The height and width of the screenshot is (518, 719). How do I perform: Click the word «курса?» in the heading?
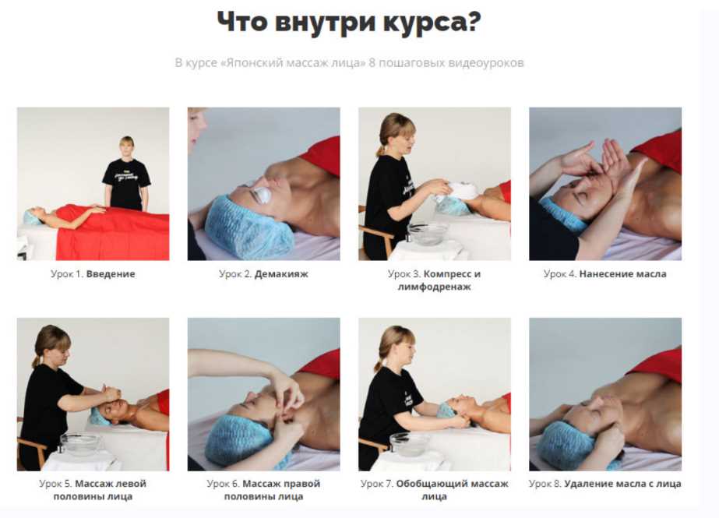point(432,23)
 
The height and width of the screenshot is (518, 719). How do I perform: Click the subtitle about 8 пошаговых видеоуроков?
point(350,62)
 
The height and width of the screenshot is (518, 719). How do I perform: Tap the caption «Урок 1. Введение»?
point(93,273)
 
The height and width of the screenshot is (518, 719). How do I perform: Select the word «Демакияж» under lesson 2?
point(281,273)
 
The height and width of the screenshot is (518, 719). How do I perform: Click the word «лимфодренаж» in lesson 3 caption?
point(434,287)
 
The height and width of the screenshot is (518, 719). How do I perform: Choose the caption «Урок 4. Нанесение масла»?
point(604,273)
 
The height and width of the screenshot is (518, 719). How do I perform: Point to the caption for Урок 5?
point(93,490)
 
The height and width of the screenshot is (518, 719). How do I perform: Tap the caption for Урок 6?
point(263,490)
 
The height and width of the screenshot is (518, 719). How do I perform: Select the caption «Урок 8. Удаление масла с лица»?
point(604,484)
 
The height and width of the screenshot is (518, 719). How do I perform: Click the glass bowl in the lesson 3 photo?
point(428,234)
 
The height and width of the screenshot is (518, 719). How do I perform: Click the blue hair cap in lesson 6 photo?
point(238,441)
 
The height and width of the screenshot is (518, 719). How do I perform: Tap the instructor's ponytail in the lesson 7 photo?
point(379,365)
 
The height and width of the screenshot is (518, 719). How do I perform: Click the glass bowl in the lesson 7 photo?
point(410,444)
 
